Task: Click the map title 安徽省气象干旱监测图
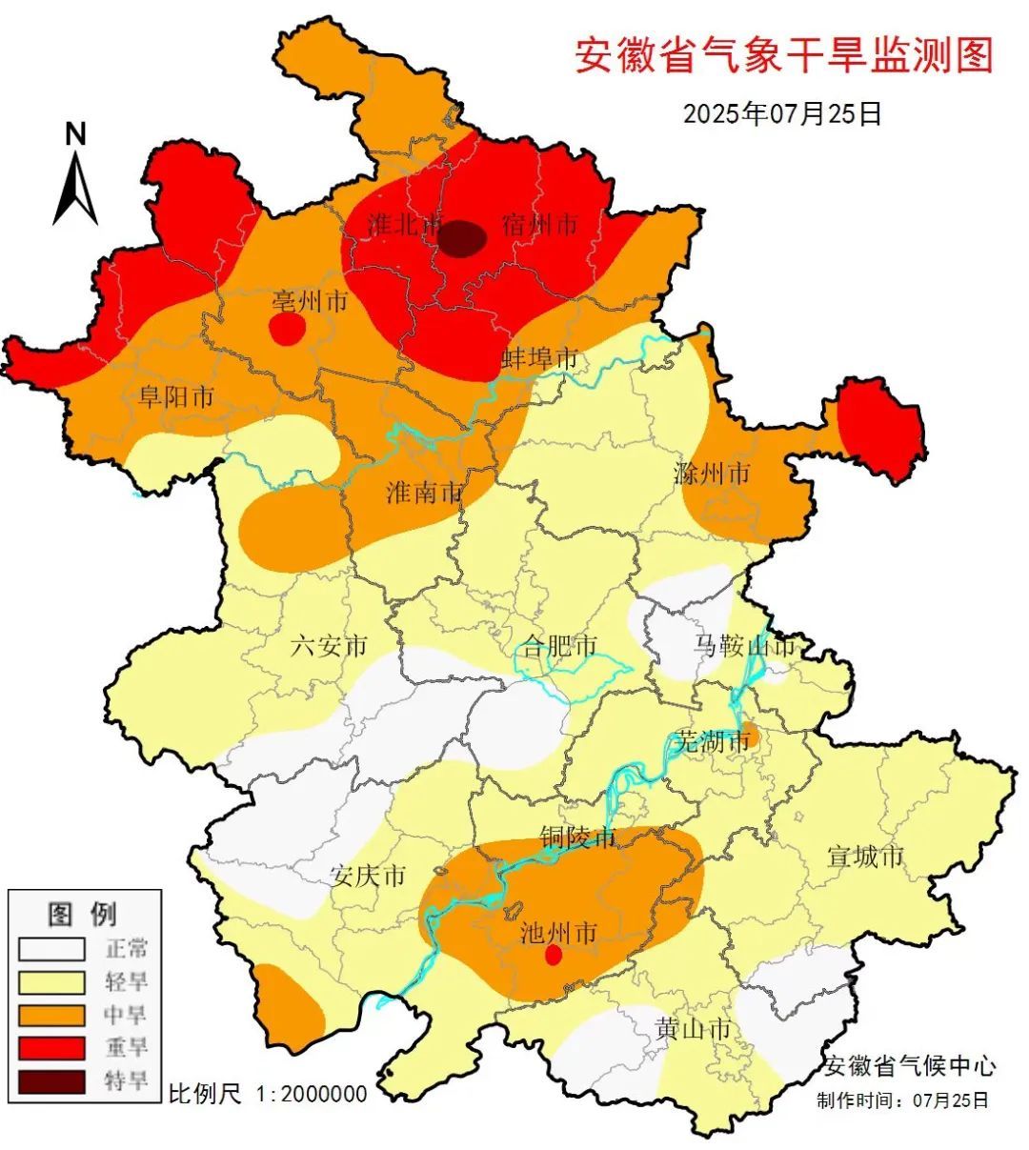click(x=783, y=56)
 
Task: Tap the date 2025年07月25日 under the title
click(x=782, y=113)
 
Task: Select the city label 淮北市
click(x=406, y=226)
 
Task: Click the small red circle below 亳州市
click(x=287, y=329)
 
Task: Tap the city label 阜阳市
click(x=176, y=396)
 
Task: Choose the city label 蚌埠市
click(x=540, y=359)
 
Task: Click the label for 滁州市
click(x=712, y=473)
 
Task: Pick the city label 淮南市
click(x=424, y=493)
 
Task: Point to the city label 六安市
click(x=329, y=647)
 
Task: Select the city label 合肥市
click(x=560, y=647)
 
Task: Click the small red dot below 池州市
click(x=553, y=956)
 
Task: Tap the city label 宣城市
click(x=865, y=857)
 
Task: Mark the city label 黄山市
click(x=694, y=1029)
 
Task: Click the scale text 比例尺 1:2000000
click(x=268, y=1093)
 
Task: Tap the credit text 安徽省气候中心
click(x=910, y=1065)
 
